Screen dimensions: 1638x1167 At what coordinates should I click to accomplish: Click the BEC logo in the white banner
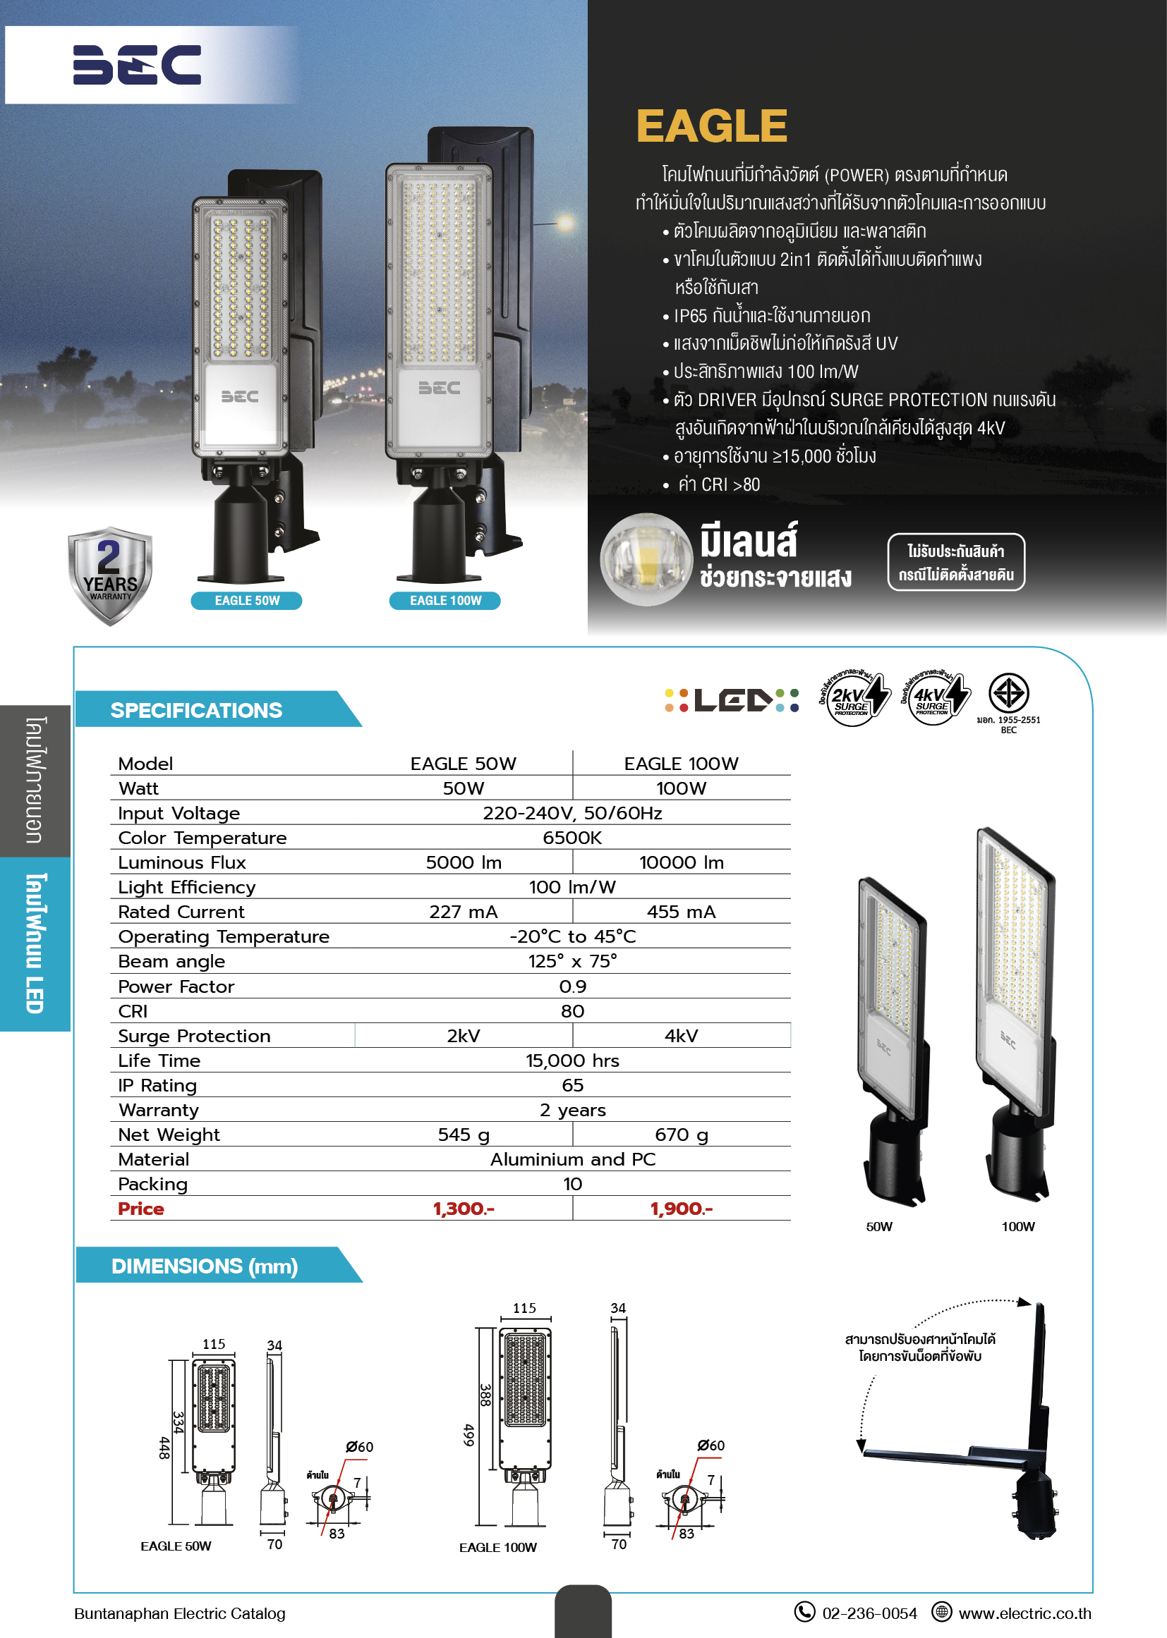pos(137,65)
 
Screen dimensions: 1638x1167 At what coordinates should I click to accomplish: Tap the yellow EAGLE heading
pos(711,126)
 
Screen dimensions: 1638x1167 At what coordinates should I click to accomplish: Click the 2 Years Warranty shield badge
pos(110,575)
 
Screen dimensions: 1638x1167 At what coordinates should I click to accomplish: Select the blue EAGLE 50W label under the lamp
pos(246,600)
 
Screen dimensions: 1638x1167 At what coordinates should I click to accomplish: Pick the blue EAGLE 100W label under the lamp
pos(445,600)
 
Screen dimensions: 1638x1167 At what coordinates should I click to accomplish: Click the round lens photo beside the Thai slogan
pos(646,558)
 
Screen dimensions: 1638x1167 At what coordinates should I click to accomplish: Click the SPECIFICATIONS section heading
pos(196,710)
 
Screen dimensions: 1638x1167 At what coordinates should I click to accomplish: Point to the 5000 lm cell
pos(464,862)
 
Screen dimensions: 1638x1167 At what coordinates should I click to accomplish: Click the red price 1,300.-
pos(464,1209)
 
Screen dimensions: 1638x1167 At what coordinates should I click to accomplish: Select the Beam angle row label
pos(171,962)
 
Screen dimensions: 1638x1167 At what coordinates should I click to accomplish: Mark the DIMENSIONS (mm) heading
pos(205,1266)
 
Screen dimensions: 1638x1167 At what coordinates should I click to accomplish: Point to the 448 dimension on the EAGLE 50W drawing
pos(164,1448)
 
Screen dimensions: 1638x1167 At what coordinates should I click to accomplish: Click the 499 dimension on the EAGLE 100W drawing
pos(468,1435)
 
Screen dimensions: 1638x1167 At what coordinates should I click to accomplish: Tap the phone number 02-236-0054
pos(869,1613)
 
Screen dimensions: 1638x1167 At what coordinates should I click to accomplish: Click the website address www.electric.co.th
pos(1024,1613)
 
